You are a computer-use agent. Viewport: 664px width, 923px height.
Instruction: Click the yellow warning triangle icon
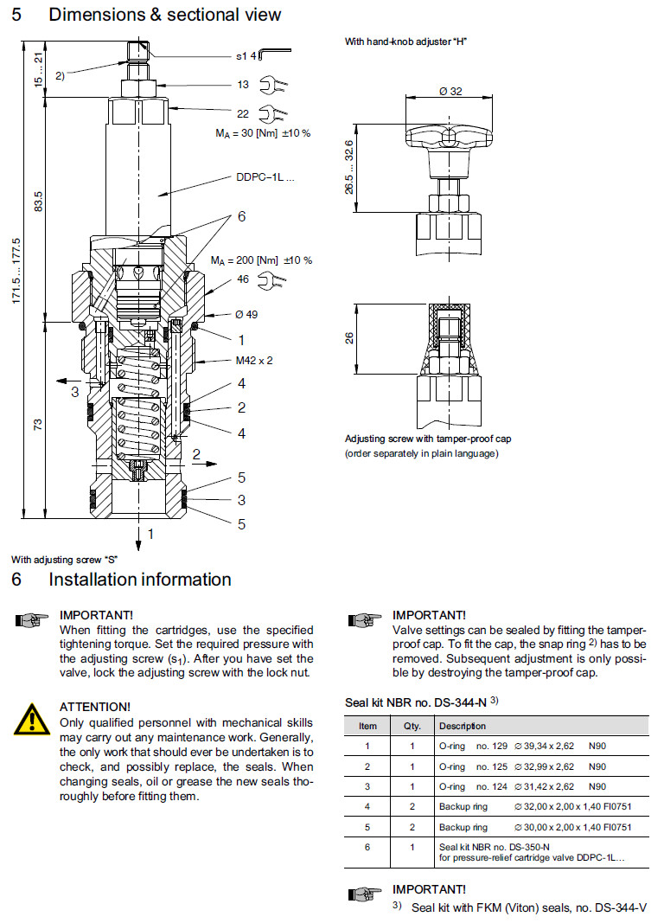point(32,718)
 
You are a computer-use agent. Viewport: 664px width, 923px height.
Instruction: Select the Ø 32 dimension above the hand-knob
point(450,91)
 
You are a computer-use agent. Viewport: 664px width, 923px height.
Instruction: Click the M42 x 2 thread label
point(253,360)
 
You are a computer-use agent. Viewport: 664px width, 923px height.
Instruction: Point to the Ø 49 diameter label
point(247,314)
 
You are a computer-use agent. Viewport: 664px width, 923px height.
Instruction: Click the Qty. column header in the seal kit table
point(412,726)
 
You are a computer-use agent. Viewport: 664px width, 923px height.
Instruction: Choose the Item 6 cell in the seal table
point(368,847)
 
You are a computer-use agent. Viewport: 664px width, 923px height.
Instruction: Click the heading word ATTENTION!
point(95,707)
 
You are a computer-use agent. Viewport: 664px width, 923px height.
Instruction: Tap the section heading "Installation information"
point(140,580)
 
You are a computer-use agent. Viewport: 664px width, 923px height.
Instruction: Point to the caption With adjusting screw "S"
point(64,560)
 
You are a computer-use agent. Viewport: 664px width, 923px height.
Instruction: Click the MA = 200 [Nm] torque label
point(261,260)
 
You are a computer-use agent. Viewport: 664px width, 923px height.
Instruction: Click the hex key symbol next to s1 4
point(274,56)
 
